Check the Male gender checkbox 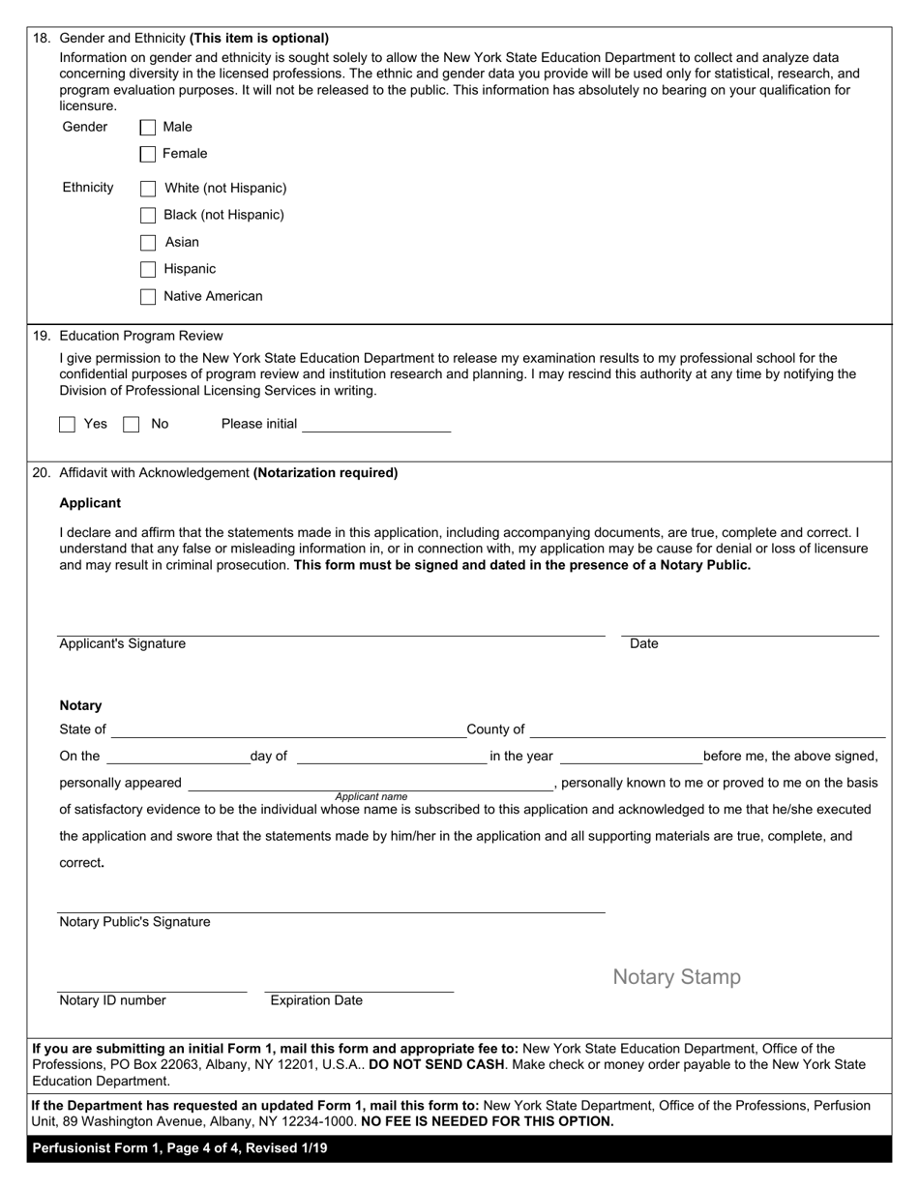[x=148, y=127]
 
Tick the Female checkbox [x=148, y=154]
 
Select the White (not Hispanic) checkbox [x=148, y=189]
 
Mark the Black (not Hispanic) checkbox [x=148, y=216]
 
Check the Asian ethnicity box [x=148, y=243]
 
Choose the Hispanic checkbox [x=148, y=270]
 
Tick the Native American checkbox [x=148, y=297]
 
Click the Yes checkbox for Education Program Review [x=68, y=424]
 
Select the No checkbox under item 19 [x=132, y=424]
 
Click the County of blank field [x=707, y=729]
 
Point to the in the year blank [x=631, y=757]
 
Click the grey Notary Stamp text [x=677, y=977]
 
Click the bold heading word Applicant [x=91, y=503]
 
